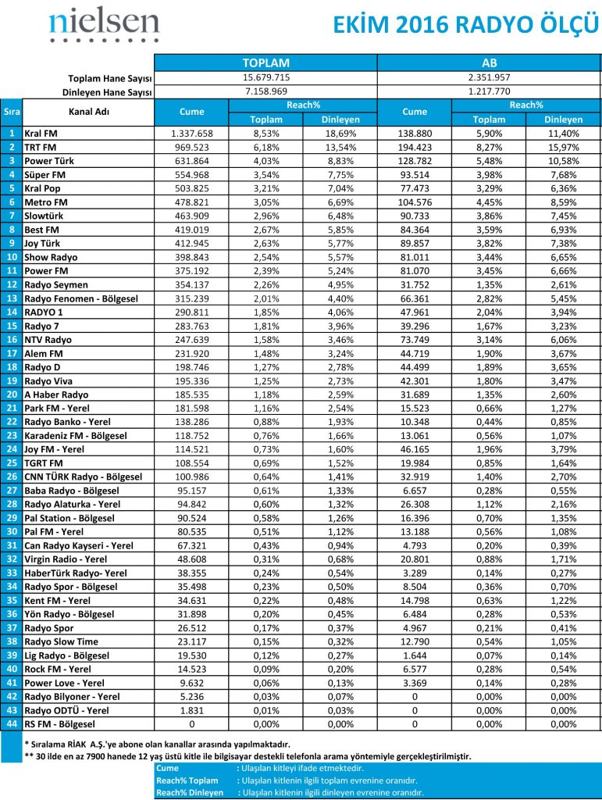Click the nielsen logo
click(x=103, y=25)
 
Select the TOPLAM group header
click(x=265, y=62)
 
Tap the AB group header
click(x=490, y=62)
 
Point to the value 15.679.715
click(x=265, y=77)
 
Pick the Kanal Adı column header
click(x=88, y=112)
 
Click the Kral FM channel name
click(x=41, y=134)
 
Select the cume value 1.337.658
click(x=191, y=134)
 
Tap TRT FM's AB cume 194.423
click(x=415, y=147)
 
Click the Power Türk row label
click(x=49, y=161)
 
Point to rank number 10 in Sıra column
click(x=12, y=256)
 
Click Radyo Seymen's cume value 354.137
click(x=191, y=284)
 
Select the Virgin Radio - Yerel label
click(x=66, y=559)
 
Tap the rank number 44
click(x=12, y=724)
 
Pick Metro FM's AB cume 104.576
click(x=415, y=202)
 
